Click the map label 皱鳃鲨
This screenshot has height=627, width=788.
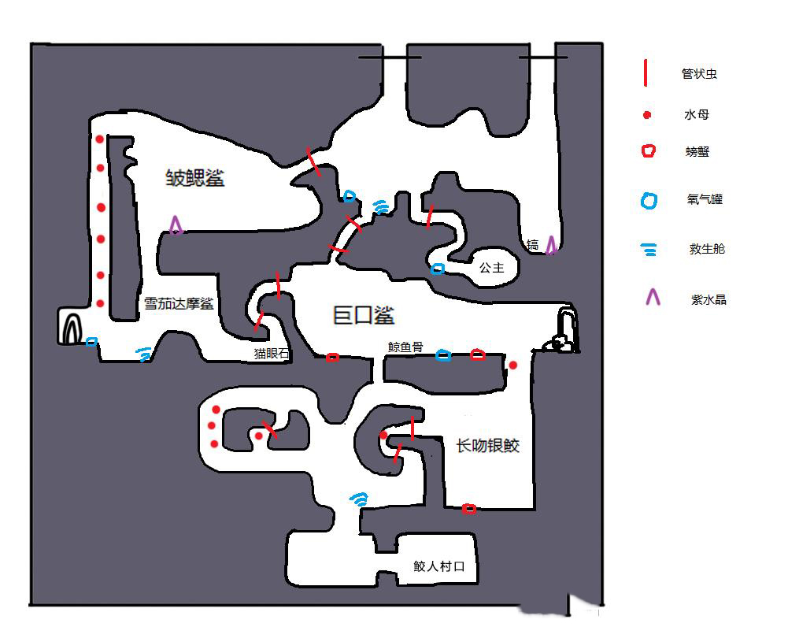pos(194,178)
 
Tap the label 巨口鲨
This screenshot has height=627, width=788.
pos(362,315)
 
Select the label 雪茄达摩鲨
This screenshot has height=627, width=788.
pos(179,303)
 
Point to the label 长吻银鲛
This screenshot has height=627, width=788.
pos(488,446)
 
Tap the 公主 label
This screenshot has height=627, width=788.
pos(491,269)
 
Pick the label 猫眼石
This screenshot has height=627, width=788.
pos(271,354)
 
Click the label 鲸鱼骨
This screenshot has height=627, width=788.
pos(405,346)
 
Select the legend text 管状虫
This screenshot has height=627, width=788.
pos(699,75)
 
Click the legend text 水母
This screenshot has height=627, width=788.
pos(697,115)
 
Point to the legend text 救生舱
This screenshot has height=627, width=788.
pos(706,250)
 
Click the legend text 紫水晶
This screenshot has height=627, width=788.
pos(707,299)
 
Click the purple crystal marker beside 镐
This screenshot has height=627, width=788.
pos(551,245)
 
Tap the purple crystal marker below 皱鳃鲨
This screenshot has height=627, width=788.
pos(176,226)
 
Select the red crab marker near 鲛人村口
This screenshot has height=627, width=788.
pos(469,509)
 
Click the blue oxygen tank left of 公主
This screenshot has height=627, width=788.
pos(438,269)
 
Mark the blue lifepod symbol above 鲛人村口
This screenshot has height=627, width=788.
pos(359,499)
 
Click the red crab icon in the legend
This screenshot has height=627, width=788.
pos(648,151)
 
